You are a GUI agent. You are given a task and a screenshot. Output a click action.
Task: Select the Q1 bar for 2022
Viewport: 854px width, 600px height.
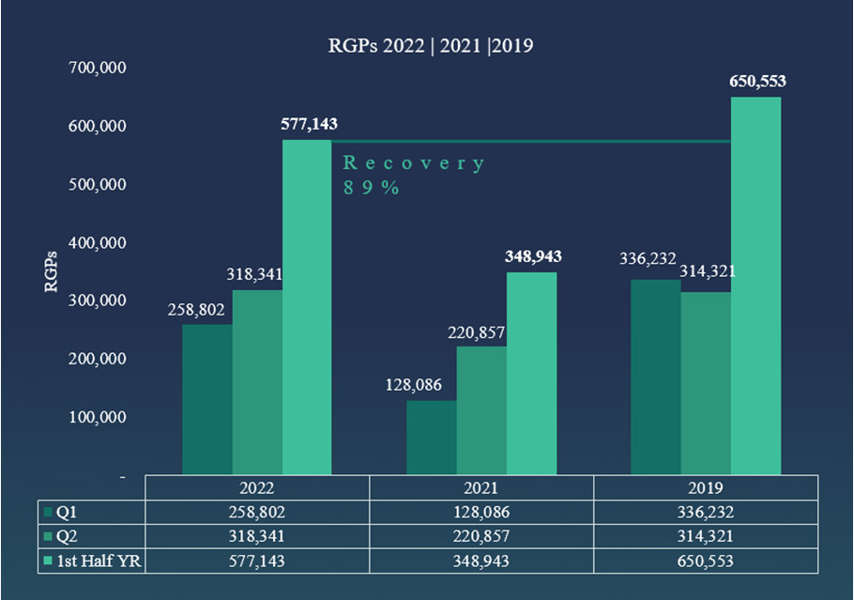[x=206, y=399]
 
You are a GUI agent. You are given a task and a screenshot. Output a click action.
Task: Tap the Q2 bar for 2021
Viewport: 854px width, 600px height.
[x=481, y=410]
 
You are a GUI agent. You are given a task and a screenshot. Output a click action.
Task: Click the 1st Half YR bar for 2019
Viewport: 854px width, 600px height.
[x=755, y=286]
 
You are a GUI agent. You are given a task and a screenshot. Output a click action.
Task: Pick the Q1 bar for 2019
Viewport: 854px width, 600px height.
[x=655, y=377]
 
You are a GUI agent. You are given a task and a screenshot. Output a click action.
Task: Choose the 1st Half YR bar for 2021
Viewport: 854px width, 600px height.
[x=531, y=373]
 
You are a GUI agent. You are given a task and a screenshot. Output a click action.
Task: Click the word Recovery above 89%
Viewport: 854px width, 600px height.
[x=413, y=163]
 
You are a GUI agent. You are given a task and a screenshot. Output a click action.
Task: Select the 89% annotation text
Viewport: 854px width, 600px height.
[x=372, y=187]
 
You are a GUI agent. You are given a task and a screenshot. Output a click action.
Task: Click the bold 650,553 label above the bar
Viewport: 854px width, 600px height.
[x=757, y=82]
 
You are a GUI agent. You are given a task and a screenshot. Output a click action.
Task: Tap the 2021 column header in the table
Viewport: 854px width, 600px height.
[x=480, y=488]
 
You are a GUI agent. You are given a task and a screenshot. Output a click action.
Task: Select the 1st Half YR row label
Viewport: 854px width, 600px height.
[x=96, y=561]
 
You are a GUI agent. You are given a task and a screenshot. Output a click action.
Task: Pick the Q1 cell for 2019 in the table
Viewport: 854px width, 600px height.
[x=705, y=513]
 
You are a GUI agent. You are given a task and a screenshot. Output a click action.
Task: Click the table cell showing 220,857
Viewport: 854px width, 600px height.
[x=480, y=536]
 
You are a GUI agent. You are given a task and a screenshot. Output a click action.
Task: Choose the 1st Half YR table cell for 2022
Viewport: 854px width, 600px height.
[x=256, y=561]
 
